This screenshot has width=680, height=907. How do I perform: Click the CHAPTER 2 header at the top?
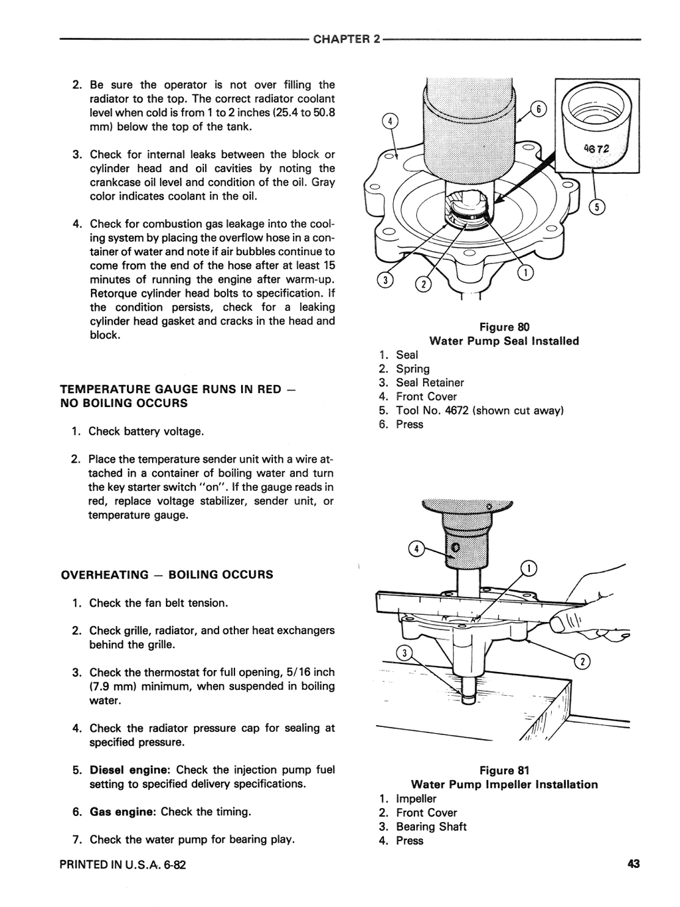point(347,39)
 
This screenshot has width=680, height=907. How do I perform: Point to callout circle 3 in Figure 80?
point(384,280)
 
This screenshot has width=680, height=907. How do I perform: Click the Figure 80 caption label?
point(504,327)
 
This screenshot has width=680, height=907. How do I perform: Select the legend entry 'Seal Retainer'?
point(430,382)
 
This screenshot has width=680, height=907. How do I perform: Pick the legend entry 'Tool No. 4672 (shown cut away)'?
point(479,410)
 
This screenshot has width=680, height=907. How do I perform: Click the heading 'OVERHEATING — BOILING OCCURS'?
point(167,574)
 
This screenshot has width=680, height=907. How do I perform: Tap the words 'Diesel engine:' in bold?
point(131,770)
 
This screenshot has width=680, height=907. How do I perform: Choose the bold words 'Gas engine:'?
point(124,811)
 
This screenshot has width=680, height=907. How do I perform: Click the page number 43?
point(633,864)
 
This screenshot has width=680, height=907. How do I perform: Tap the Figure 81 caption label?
point(504,770)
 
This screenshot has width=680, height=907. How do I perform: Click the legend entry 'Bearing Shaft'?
point(431,827)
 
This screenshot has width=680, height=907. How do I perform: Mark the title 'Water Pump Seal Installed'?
point(504,341)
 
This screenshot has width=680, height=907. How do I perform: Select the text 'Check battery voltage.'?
point(146,432)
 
